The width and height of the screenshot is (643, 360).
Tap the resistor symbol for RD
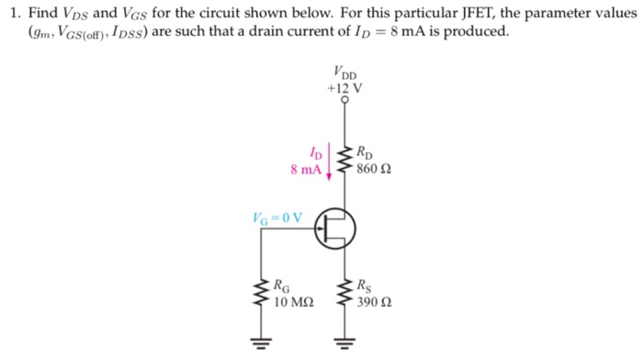point(346,162)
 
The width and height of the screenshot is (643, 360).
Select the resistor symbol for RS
point(346,293)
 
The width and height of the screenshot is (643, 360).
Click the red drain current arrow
point(328,163)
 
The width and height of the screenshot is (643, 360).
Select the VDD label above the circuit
point(346,73)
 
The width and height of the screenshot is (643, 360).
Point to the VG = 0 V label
point(276,218)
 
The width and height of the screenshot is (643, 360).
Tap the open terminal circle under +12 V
point(345,103)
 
